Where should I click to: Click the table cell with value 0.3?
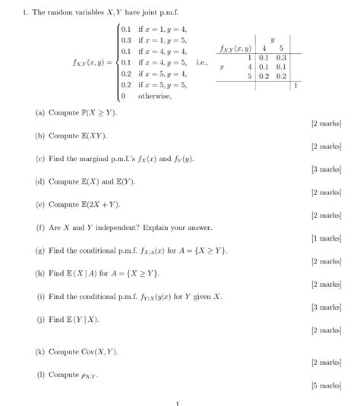point(281,57)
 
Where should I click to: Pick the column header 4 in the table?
point(264,48)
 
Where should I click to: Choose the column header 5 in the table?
point(281,48)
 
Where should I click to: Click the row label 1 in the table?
point(249,57)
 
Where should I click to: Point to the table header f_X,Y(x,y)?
point(235,49)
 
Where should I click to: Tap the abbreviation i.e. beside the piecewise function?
point(201,62)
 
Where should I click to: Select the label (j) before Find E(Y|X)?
point(39,319)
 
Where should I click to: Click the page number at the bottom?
point(177,403)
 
